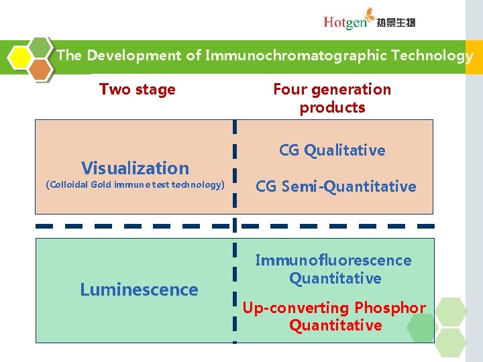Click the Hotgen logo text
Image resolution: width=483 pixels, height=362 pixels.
(x=345, y=22)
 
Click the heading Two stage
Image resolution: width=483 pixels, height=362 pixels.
(x=137, y=89)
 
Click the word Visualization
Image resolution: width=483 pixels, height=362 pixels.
(x=135, y=168)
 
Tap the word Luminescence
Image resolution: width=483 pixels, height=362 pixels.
(x=139, y=290)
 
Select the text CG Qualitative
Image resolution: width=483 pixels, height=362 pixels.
(x=332, y=150)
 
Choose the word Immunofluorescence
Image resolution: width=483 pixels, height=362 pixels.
(x=333, y=260)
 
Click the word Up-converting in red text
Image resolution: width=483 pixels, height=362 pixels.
(x=286, y=308)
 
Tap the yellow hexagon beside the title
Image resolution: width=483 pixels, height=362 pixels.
(x=21, y=57)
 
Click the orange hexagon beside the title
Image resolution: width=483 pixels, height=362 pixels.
(x=40, y=69)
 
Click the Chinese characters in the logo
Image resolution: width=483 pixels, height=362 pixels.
(x=396, y=23)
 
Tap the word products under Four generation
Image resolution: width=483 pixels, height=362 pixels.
(x=332, y=107)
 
